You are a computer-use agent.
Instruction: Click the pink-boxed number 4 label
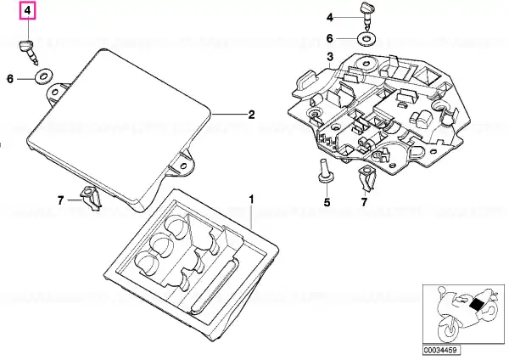(28, 10)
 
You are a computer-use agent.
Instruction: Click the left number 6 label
(10, 79)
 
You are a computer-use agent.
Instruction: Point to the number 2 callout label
(251, 115)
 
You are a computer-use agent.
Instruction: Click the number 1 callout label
(251, 200)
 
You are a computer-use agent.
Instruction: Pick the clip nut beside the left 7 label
(92, 199)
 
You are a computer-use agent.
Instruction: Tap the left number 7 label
(61, 200)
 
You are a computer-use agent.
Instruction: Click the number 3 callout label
(330, 57)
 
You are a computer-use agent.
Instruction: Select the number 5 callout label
(327, 202)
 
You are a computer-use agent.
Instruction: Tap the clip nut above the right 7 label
(366, 178)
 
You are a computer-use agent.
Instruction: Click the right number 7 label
(364, 202)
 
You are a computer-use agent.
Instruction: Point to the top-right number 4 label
(329, 17)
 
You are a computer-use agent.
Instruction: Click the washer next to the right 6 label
(366, 39)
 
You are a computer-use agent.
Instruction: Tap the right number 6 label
(329, 38)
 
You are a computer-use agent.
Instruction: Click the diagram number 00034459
(441, 350)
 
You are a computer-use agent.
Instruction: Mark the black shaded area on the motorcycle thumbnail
(477, 305)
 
